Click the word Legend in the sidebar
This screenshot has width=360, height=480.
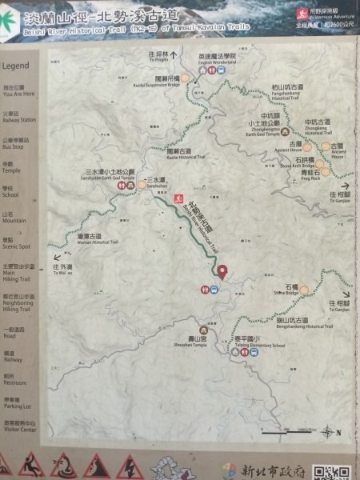click(x=15, y=66)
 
